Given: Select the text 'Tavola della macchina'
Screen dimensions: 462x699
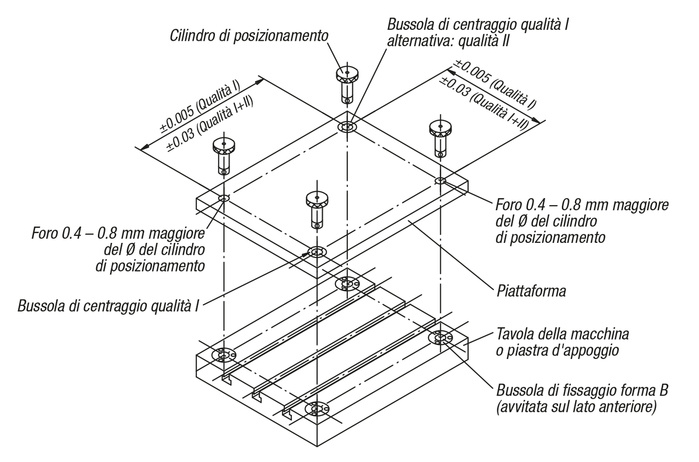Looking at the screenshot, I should coord(562,335).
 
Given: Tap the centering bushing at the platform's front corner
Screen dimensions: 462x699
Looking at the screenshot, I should coord(317,252).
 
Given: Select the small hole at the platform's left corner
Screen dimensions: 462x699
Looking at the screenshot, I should coord(224,199).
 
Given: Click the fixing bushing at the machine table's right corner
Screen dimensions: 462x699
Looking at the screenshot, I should coord(442,337).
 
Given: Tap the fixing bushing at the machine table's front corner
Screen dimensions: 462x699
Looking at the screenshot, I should coord(318,410).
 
